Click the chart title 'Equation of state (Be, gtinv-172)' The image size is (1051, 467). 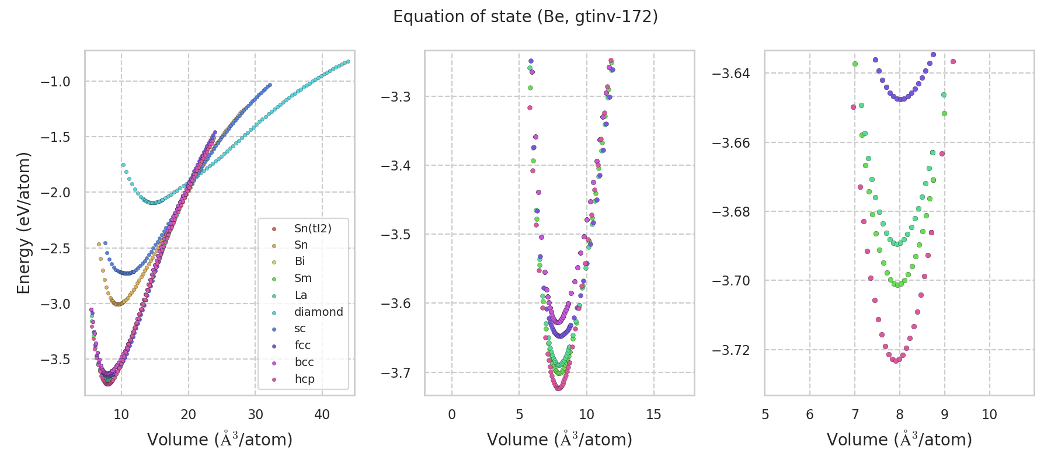click(525, 17)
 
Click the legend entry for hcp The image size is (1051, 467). click(304, 379)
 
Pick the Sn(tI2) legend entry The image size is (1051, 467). click(312, 228)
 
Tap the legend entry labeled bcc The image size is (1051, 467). click(304, 362)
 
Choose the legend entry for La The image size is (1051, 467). click(301, 295)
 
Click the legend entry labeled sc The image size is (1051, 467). click(300, 329)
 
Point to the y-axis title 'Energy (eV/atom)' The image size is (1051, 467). click(23, 223)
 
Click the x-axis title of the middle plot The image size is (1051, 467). click(559, 440)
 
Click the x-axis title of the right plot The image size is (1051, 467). click(899, 440)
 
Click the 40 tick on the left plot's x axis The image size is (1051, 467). click(322, 414)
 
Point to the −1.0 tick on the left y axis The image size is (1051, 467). click(55, 82)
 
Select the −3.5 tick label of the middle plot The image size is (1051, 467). click(395, 235)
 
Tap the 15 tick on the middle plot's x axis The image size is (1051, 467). click(654, 414)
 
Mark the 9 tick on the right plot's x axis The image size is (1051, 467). click(944, 414)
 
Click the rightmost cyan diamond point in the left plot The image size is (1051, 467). click(348, 61)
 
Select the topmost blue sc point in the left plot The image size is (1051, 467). click(270, 85)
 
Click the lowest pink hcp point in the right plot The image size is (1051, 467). click(896, 361)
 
